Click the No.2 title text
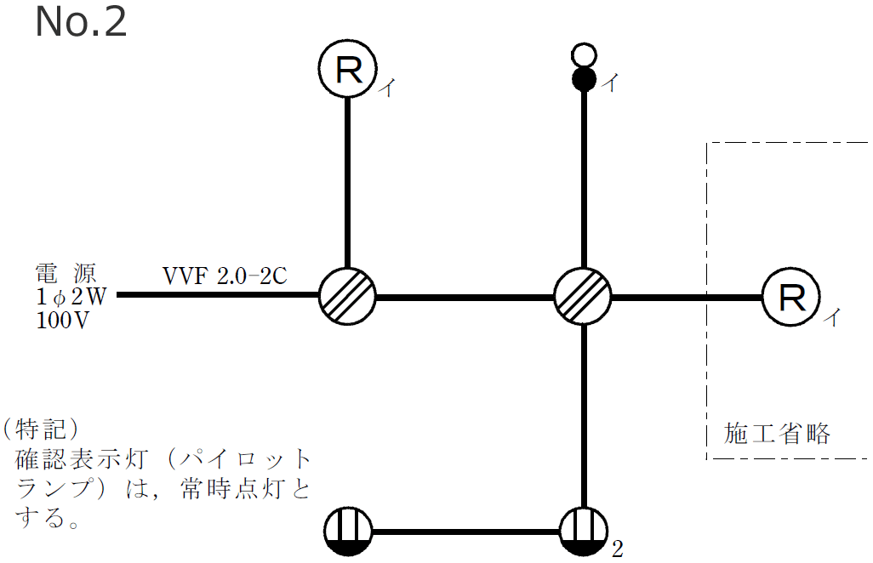coord(81,23)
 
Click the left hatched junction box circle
coord(347,298)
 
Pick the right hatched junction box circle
coord(583,298)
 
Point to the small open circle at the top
coord(583,56)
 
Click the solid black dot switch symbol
coord(583,80)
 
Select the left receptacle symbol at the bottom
coord(350,533)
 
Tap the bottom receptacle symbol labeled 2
coord(583,533)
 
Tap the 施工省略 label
coord(776,433)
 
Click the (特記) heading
coord(40,427)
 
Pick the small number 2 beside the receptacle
coord(618,549)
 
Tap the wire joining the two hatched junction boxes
coord(465,298)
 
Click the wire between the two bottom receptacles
coord(466,533)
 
